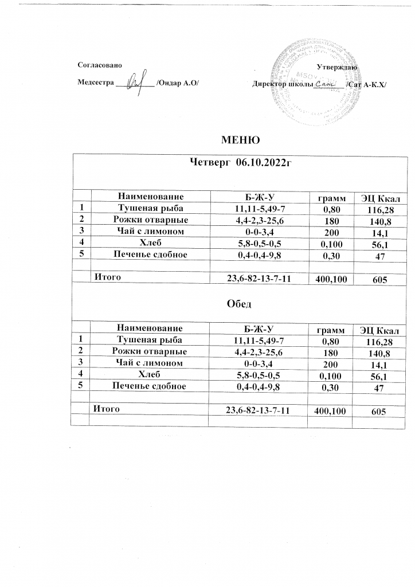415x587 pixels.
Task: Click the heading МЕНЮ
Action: click(241, 139)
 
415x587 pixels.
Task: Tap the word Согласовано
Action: click(99, 67)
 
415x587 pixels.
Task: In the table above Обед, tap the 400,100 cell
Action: click(330, 280)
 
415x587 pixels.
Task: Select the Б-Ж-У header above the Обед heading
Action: click(258, 197)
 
